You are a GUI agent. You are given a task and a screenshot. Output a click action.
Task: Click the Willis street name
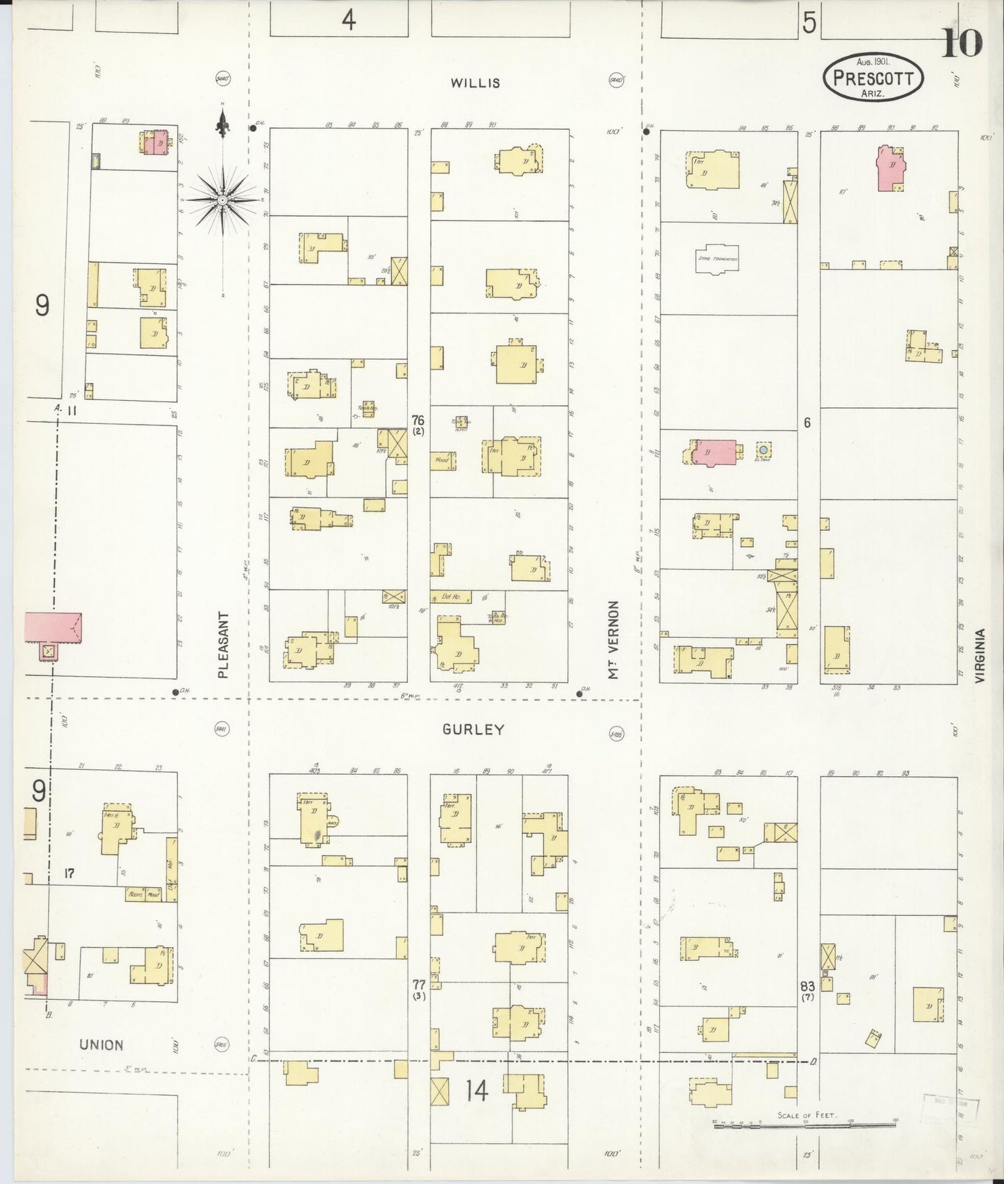click(x=475, y=83)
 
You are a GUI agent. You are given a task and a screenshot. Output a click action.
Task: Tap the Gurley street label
click(x=473, y=730)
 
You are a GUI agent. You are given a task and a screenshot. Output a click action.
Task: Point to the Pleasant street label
click(x=223, y=645)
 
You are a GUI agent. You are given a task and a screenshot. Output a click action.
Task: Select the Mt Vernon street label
click(x=614, y=640)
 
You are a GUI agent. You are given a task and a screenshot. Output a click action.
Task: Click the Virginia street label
click(x=980, y=657)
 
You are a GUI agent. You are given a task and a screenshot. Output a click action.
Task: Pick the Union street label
click(x=101, y=1044)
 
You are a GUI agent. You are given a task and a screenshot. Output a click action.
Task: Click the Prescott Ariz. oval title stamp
click(x=873, y=77)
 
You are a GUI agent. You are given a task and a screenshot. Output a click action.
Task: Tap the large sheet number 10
click(x=962, y=43)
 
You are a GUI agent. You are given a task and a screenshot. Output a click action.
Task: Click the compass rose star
click(x=223, y=200)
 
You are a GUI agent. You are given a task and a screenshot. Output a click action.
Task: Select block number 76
click(x=418, y=420)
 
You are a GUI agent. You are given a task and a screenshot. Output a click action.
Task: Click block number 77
click(x=418, y=985)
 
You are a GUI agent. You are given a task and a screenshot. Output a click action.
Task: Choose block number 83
click(x=807, y=986)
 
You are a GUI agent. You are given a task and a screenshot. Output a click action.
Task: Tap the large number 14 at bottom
click(x=477, y=1091)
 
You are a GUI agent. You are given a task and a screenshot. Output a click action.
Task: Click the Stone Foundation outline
click(x=718, y=258)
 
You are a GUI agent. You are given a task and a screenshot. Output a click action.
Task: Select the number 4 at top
click(x=348, y=21)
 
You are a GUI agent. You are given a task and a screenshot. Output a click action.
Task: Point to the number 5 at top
click(x=809, y=23)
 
